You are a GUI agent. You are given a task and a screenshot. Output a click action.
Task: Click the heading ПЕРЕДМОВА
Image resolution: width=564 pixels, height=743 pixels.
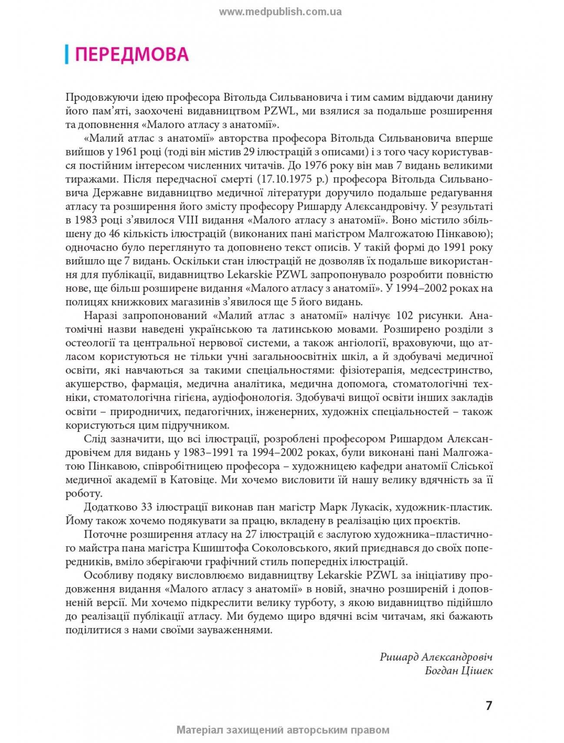click(x=132, y=55)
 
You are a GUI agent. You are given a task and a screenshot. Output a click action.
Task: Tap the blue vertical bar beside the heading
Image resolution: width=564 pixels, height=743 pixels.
click(x=66, y=54)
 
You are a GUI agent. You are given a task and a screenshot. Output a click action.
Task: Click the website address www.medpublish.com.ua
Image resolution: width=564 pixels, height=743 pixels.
click(x=280, y=12)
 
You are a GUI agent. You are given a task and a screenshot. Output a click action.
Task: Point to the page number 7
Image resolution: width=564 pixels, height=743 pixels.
click(x=489, y=705)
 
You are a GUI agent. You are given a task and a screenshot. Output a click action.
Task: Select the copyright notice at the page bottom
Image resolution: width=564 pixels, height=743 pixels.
click(x=283, y=730)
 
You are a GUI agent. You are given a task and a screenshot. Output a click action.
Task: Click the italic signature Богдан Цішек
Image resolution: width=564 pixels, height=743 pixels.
click(x=459, y=670)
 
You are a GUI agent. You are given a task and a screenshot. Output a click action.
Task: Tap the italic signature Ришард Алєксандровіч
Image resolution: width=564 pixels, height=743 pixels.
click(x=436, y=657)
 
